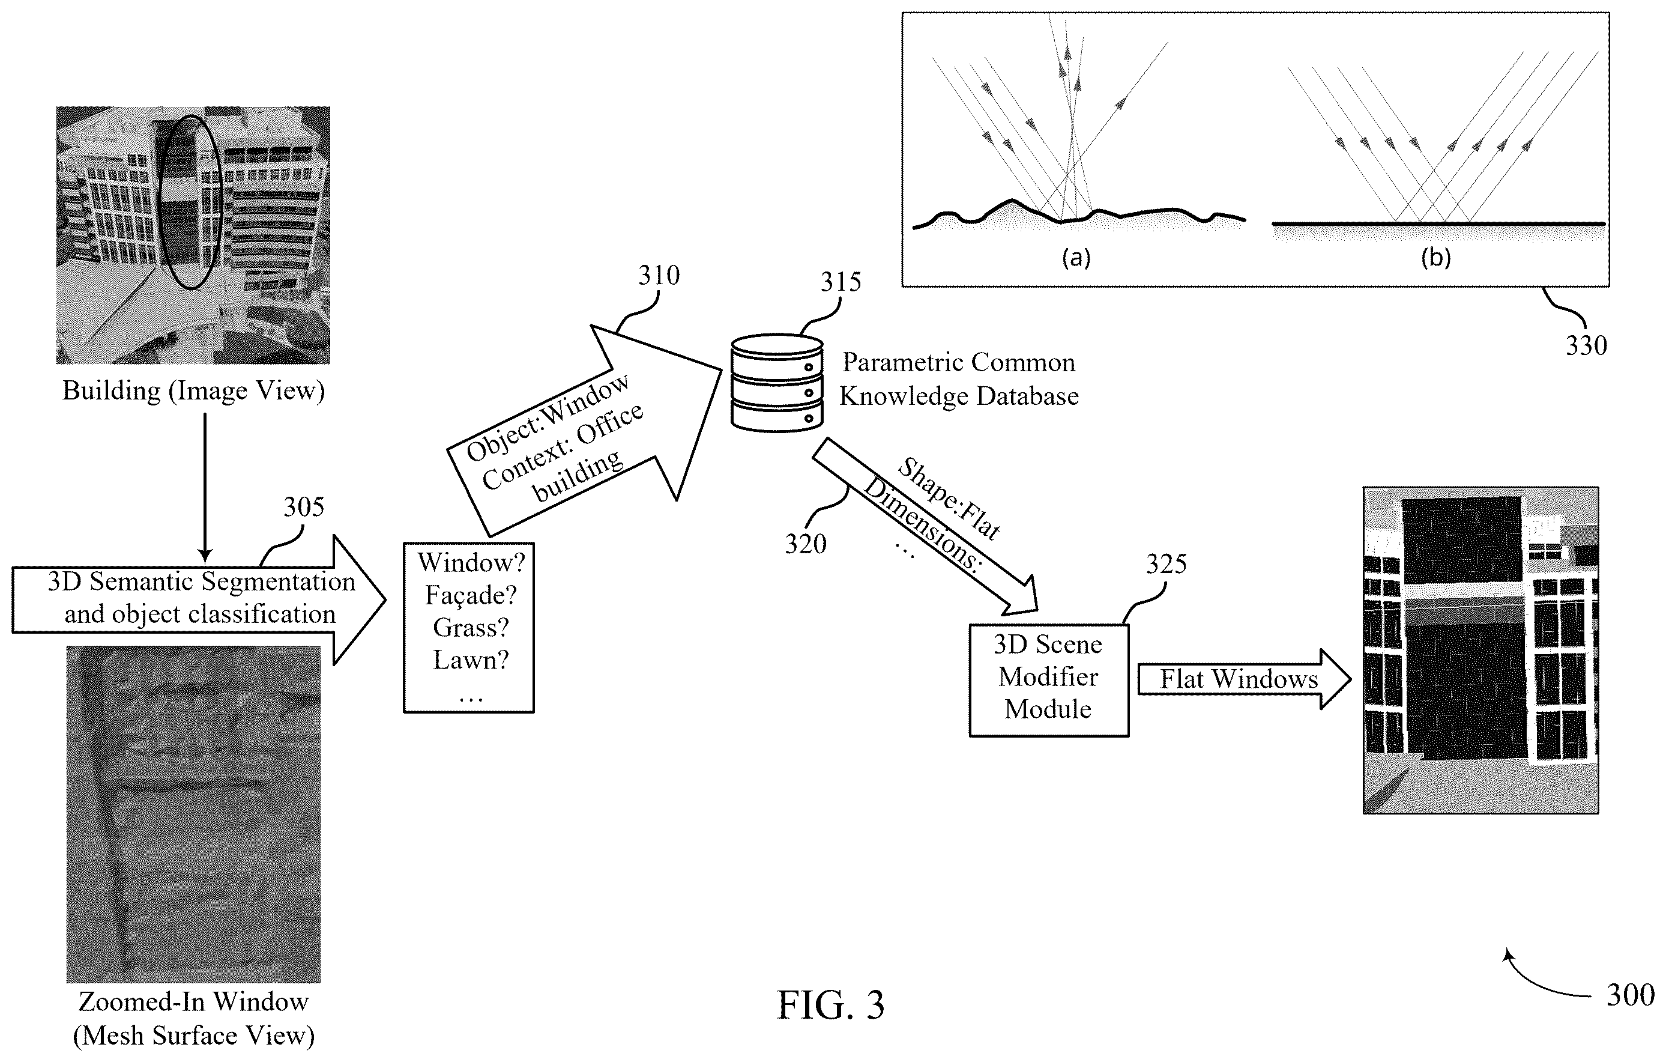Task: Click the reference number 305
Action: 304,507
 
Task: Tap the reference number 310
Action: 659,276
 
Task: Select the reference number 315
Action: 841,282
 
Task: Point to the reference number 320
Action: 805,544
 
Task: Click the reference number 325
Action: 1167,564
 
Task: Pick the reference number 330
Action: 1586,345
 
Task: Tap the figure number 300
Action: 1631,995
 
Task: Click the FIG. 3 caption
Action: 831,1004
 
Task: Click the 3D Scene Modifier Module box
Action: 1049,681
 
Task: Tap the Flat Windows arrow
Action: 1244,679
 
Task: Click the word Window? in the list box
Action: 471,562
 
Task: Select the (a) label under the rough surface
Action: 1076,258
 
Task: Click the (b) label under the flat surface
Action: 1435,258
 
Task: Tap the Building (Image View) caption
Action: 194,391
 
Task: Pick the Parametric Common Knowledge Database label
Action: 959,378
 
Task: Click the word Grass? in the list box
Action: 471,627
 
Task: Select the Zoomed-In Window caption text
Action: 194,1002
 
